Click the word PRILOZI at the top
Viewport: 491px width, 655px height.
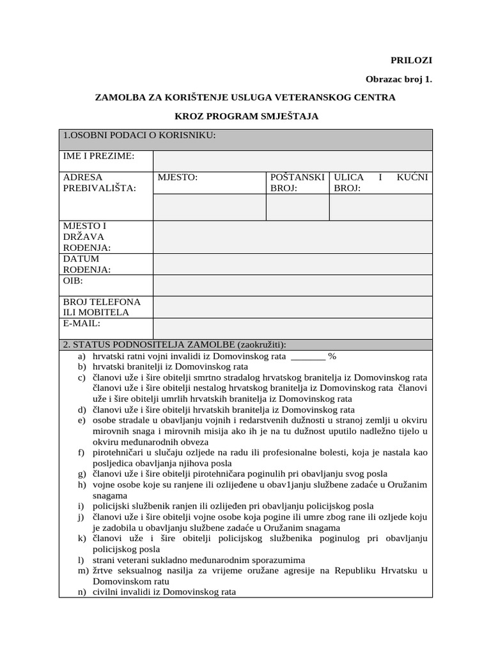click(x=412, y=60)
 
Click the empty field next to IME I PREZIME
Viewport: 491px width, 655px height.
click(x=292, y=161)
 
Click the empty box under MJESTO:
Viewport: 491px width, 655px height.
click(x=209, y=207)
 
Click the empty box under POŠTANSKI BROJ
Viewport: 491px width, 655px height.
click(x=297, y=207)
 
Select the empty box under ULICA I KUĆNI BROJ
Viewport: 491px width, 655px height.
click(x=380, y=207)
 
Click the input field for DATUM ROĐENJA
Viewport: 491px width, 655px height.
click(x=292, y=264)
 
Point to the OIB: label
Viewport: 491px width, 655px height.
click(x=73, y=281)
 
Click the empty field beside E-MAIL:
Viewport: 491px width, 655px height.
click(x=292, y=328)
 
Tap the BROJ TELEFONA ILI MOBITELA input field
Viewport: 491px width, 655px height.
click(x=292, y=306)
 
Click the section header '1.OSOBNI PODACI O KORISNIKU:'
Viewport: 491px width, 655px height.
click(x=139, y=135)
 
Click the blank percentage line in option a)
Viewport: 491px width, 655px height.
click(x=308, y=356)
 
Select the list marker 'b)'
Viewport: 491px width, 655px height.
click(x=81, y=367)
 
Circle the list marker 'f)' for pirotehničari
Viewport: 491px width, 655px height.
click(x=81, y=453)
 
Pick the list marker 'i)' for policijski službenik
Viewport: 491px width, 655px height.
click(x=81, y=506)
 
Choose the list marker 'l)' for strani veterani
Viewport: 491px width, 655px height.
click(x=81, y=560)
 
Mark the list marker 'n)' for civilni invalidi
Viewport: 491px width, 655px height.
click(x=81, y=592)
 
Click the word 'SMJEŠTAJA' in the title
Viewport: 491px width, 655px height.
click(x=286, y=116)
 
